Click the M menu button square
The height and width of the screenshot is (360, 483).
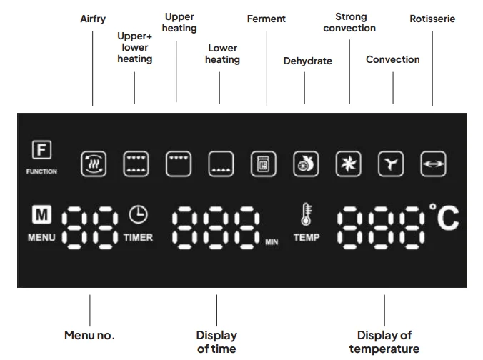click(x=40, y=214)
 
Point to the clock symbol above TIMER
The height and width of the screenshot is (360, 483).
click(x=136, y=214)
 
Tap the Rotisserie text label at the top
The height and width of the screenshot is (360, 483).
click(x=432, y=19)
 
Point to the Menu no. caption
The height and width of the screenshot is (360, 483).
click(x=89, y=334)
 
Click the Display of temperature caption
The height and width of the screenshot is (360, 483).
click(x=384, y=341)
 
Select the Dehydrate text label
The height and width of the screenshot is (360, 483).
click(x=307, y=61)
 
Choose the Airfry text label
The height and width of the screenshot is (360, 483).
click(x=93, y=19)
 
